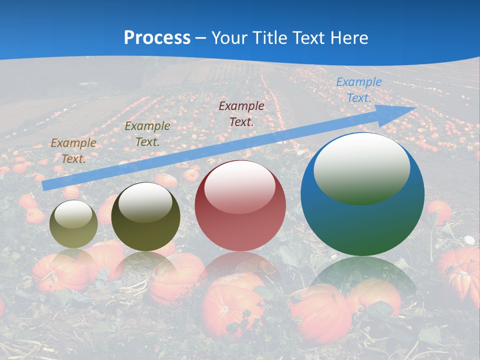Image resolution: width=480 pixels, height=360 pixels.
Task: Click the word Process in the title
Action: [x=157, y=38]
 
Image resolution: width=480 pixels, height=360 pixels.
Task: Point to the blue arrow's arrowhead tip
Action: [x=415, y=107]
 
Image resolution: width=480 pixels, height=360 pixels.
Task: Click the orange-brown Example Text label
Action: [x=73, y=151]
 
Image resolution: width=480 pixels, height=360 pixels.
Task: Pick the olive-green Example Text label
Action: [x=147, y=134]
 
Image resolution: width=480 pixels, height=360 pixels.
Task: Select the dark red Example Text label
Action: [x=241, y=113]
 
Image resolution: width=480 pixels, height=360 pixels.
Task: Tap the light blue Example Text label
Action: [x=358, y=90]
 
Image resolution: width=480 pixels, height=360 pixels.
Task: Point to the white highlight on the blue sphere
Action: [x=361, y=169]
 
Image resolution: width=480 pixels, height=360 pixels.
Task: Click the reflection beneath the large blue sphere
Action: [x=362, y=277]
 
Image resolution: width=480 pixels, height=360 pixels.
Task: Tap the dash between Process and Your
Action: [x=201, y=38]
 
